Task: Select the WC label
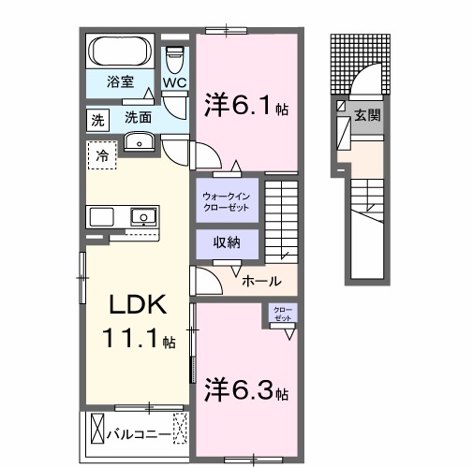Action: pyautogui.click(x=174, y=82)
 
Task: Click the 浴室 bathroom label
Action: pyautogui.click(x=117, y=81)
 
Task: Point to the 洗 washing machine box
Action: pyautogui.click(x=98, y=119)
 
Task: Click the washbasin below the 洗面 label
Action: pyautogui.click(x=140, y=141)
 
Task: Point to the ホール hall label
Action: pyautogui.click(x=259, y=280)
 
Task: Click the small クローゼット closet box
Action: pyautogui.click(x=282, y=314)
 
